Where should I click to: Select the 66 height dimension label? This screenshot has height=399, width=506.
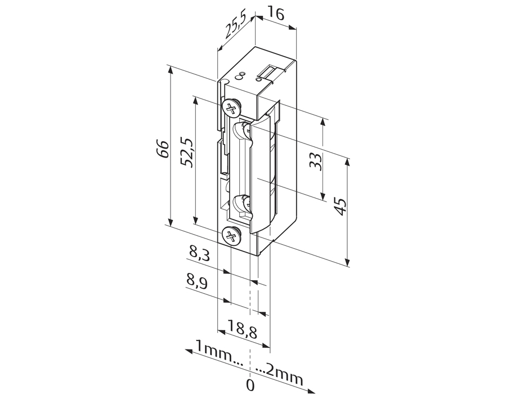(164, 149)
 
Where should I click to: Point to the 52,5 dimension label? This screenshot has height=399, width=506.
(187, 153)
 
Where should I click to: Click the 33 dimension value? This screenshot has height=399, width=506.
(316, 162)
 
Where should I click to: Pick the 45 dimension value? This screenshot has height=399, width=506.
(341, 207)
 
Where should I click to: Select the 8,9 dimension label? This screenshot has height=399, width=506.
(196, 281)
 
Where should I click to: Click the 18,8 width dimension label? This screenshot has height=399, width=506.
(243, 329)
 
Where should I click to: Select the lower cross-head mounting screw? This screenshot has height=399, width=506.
(231, 236)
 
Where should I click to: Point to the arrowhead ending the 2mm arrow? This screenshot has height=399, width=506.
(312, 391)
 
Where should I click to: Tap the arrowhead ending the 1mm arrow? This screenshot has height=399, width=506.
(189, 351)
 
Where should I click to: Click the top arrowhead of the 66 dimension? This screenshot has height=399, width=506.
(171, 69)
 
